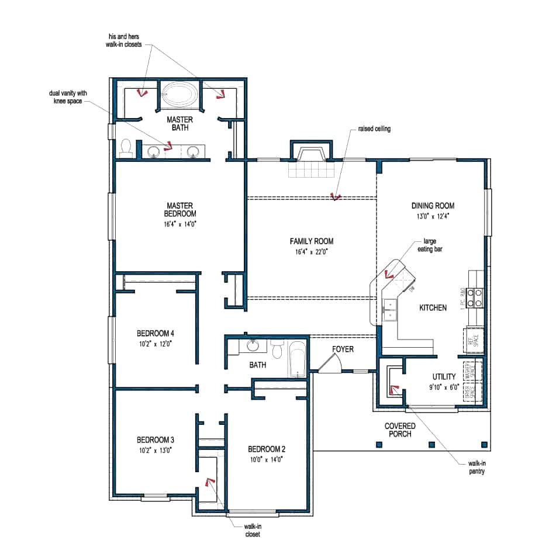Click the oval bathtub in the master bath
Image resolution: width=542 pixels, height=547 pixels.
(x=181, y=95)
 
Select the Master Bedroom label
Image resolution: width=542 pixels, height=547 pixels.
(x=180, y=209)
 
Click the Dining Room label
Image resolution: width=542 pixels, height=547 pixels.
(x=433, y=206)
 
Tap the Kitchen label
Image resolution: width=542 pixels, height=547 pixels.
(x=433, y=307)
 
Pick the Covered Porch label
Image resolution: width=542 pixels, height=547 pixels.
(x=400, y=430)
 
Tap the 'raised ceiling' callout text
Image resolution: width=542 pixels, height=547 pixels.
(x=374, y=129)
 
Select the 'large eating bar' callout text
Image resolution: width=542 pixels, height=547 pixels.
(x=426, y=244)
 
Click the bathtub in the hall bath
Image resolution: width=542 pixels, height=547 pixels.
(x=297, y=358)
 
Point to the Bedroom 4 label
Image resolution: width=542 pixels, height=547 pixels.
(x=156, y=333)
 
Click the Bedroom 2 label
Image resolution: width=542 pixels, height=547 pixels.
(x=267, y=449)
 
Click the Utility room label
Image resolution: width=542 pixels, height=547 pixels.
(x=444, y=377)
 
